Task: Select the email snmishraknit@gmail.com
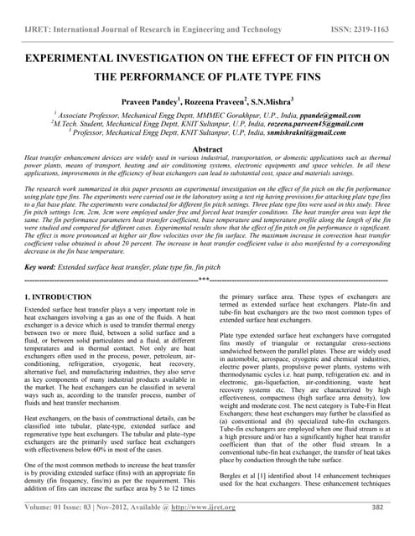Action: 303,132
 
